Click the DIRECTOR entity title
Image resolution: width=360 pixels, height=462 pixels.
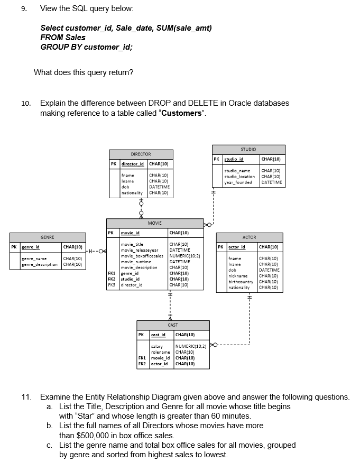tap(141, 154)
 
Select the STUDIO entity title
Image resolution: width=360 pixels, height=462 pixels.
tap(248, 149)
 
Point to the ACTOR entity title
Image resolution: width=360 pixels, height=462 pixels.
tap(249, 237)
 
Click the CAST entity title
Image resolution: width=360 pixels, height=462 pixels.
tap(173, 325)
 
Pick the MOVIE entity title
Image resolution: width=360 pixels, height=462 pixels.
tap(154, 224)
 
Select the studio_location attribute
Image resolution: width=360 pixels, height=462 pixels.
tap(239, 177)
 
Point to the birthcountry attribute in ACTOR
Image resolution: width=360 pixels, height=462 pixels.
tap(242, 282)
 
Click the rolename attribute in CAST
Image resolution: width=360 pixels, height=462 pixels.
tap(160, 352)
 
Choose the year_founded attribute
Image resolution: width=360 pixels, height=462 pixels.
tap(238, 182)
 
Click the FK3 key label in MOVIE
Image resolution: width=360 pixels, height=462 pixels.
tap(112, 285)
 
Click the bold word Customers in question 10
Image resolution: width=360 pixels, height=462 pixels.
tap(181, 113)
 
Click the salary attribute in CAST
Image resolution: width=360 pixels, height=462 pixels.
tap(156, 346)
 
